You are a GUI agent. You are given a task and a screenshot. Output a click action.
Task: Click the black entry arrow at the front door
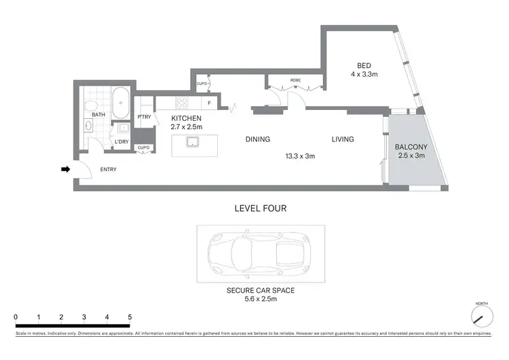tap(65, 169)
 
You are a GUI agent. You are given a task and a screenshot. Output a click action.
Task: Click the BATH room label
tap(99, 115)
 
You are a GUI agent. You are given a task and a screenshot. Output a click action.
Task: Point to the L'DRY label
tap(121, 141)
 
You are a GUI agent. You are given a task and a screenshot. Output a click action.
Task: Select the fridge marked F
tap(210, 103)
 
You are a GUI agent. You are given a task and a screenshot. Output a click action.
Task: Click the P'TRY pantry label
tap(144, 117)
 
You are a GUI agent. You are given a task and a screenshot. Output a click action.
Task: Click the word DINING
tap(257, 139)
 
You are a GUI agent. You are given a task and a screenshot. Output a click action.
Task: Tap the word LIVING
tap(342, 139)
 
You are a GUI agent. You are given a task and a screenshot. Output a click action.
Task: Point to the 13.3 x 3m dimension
tap(300, 156)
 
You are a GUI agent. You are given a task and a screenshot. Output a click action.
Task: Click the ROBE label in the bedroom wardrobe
tap(295, 80)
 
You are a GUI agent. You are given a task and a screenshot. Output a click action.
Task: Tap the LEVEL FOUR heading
tap(260, 209)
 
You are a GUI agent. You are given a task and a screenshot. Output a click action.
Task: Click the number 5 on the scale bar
tap(130, 317)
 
